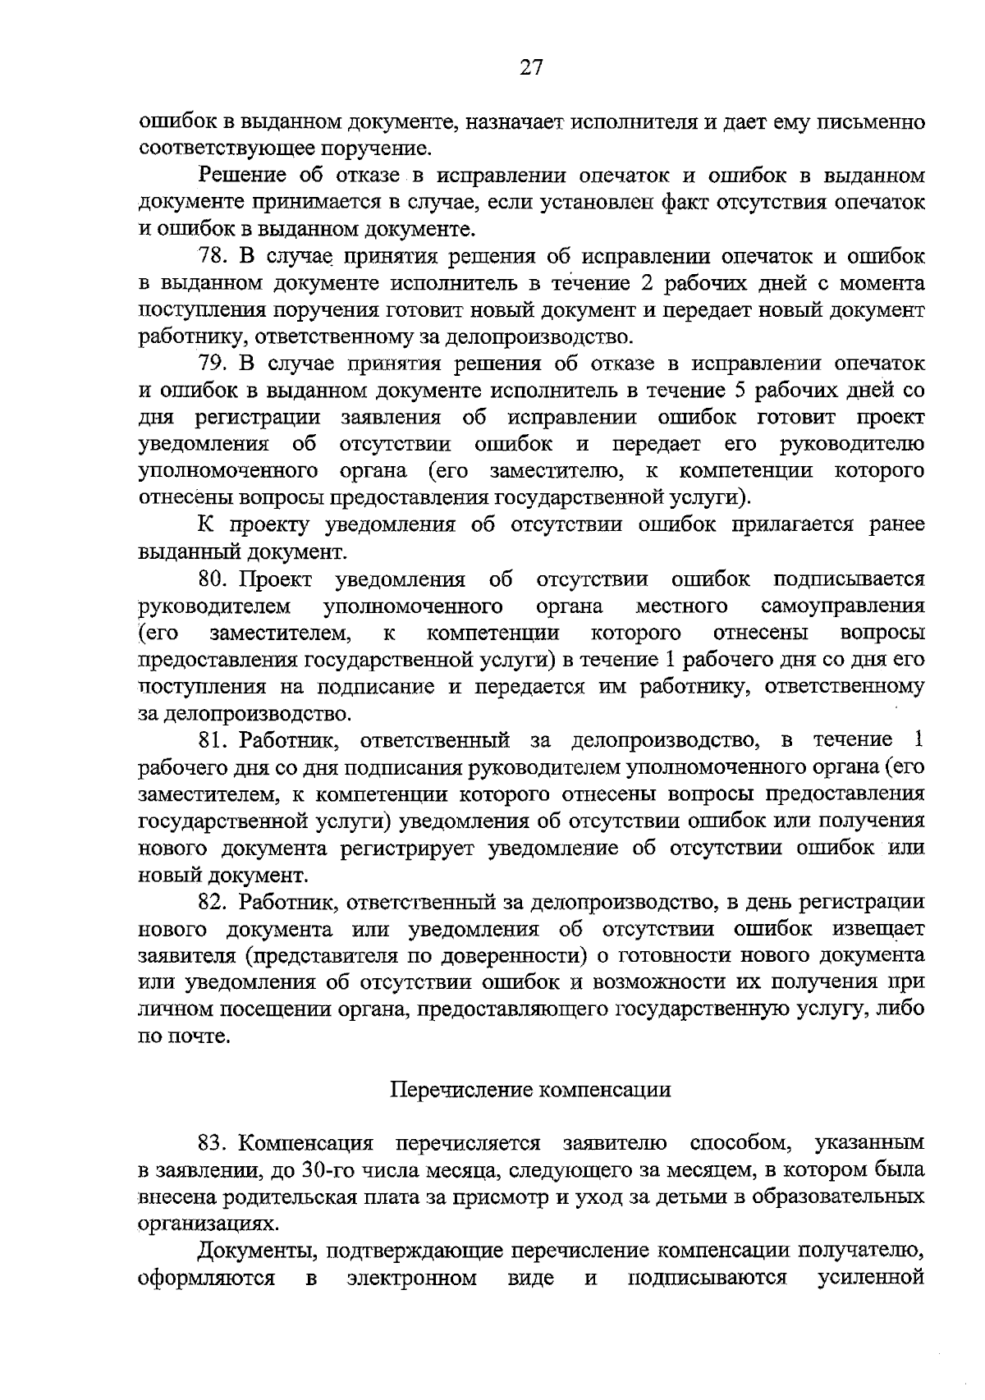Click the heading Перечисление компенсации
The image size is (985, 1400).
pyautogui.click(x=529, y=1090)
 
